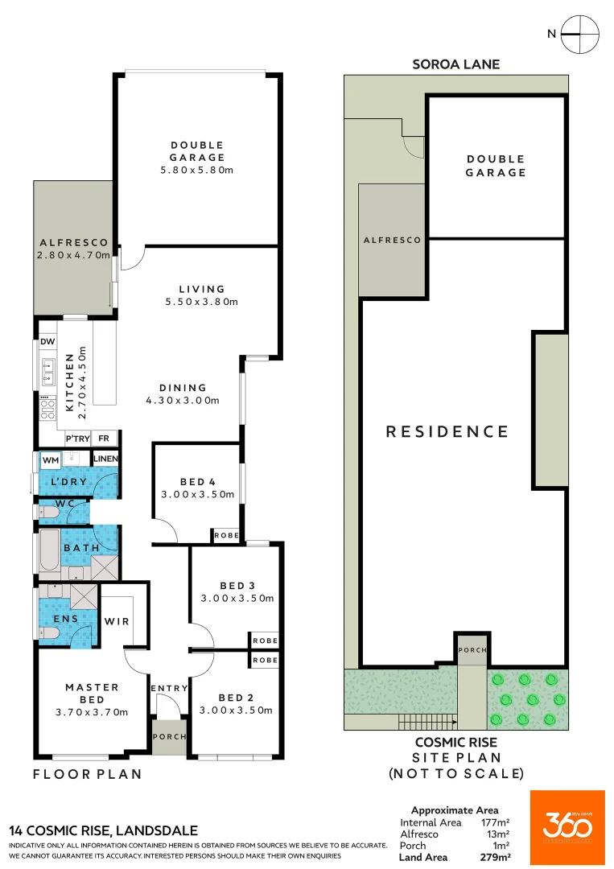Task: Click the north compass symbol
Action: [579, 35]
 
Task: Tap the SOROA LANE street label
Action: [456, 64]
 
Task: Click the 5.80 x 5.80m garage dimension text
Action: [197, 171]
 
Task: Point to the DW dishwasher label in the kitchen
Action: [47, 342]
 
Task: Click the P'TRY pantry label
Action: [77, 439]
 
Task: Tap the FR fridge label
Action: [104, 439]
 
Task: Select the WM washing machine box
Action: [51, 459]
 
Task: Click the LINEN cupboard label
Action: [105, 459]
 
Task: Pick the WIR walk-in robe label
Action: [117, 621]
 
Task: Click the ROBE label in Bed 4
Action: [225, 535]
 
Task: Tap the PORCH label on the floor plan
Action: [169, 736]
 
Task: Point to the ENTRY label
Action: [169, 689]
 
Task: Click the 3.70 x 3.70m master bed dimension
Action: [92, 712]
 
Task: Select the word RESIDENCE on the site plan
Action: [447, 431]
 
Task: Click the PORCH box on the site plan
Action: [472, 650]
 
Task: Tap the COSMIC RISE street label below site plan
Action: [455, 743]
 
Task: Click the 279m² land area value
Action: [496, 858]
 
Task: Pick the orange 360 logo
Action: [567, 827]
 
